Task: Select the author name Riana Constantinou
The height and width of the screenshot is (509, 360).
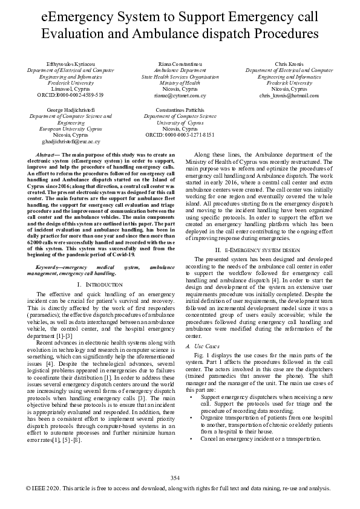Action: [180, 64]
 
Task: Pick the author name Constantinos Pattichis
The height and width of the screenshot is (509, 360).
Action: [180, 109]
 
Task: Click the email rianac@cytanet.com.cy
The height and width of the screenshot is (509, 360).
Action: [180, 95]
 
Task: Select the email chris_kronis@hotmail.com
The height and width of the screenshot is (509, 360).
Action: [288, 95]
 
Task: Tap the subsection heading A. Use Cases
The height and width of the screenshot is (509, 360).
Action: [206, 346]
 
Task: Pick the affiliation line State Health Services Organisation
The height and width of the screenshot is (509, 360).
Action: [180, 77]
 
